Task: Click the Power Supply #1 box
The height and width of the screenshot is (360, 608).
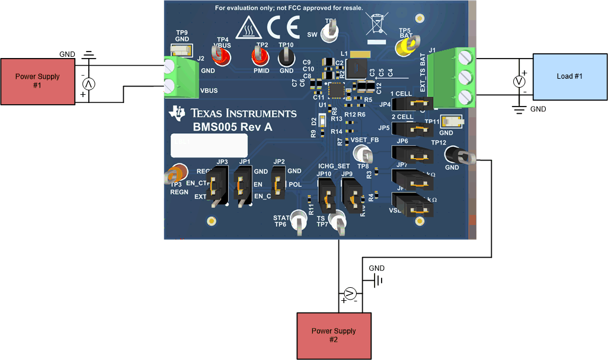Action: click(37, 81)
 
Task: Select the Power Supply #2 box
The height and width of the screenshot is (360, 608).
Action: click(334, 335)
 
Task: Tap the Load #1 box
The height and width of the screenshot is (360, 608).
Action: click(569, 76)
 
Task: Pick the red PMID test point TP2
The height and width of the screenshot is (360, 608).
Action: click(259, 57)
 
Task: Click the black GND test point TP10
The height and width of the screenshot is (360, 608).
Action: click(286, 57)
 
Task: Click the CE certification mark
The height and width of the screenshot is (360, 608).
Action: click(280, 28)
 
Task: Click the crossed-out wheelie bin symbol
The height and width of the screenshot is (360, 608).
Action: click(376, 27)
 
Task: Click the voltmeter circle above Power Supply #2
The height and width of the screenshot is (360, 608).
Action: click(350, 293)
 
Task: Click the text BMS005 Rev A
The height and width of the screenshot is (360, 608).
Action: click(232, 127)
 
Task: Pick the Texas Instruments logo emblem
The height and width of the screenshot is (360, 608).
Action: click(177, 113)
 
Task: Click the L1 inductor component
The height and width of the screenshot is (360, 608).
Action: click(359, 69)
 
